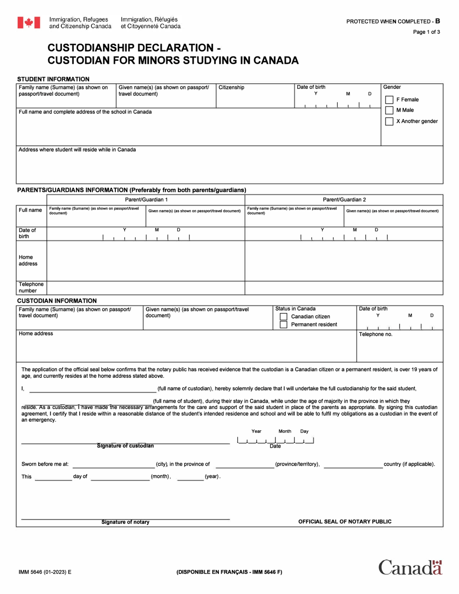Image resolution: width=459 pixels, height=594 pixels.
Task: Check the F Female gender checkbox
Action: (389, 99)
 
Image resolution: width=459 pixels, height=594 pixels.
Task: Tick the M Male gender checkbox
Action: (389, 110)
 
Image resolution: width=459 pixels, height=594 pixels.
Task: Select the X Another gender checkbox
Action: (389, 121)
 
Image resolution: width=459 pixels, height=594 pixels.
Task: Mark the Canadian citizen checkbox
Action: (284, 317)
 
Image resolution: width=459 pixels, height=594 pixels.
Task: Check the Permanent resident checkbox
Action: (284, 325)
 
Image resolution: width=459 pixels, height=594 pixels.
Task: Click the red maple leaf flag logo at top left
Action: (29, 22)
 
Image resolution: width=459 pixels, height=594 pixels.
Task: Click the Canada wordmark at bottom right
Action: (410, 567)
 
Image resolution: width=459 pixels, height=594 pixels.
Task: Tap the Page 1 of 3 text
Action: (426, 32)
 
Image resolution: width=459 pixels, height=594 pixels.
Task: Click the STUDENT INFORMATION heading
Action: (53, 79)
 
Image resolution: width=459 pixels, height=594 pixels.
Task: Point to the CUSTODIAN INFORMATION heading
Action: (57, 300)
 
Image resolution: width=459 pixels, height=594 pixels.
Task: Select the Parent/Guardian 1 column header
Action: (146, 199)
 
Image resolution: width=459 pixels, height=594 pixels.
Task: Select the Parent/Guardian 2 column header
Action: (344, 199)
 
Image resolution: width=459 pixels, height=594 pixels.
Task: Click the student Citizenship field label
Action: (231, 87)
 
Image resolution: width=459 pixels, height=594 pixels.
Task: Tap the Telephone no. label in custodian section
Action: (375, 334)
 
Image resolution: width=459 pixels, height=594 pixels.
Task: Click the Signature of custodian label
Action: (125, 446)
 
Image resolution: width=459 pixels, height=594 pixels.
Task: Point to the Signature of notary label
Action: (125, 522)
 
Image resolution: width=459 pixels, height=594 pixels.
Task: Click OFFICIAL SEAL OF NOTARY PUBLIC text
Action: (344, 522)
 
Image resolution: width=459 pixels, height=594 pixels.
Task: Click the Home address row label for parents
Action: (28, 260)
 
